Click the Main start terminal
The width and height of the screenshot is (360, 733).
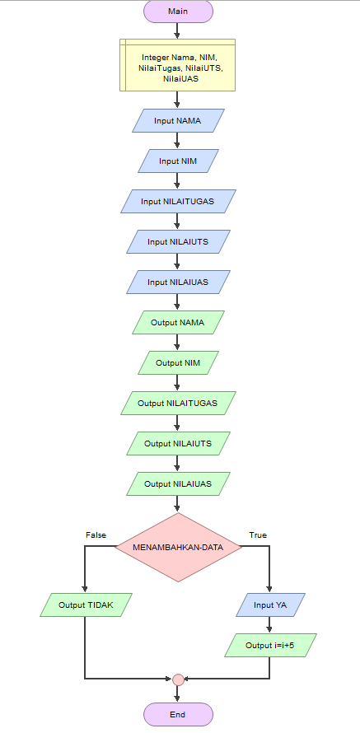point(177,12)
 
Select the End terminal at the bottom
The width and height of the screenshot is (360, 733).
point(177,714)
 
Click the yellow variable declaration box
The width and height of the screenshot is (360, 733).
point(177,65)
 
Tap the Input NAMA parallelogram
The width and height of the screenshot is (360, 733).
point(177,120)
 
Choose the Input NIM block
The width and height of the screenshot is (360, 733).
point(177,161)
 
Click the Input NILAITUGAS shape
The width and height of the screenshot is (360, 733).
point(177,201)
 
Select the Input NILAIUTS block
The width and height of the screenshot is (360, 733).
point(177,241)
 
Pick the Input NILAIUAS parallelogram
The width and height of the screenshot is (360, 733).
point(177,282)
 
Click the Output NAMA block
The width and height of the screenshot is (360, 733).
point(177,322)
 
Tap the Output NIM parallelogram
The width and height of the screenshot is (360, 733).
point(177,362)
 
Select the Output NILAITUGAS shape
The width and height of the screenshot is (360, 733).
point(177,403)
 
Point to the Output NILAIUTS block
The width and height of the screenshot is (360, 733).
point(177,443)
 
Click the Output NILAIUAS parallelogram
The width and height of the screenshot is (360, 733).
point(177,483)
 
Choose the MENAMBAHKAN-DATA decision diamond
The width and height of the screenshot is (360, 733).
point(177,548)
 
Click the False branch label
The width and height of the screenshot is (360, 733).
point(96,535)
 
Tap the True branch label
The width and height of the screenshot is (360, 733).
point(258,535)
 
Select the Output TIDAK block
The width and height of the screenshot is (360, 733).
point(85,605)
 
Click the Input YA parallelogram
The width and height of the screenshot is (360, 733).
point(269,605)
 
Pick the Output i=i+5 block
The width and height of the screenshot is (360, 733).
point(269,645)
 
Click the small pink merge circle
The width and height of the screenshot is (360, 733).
point(177,679)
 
